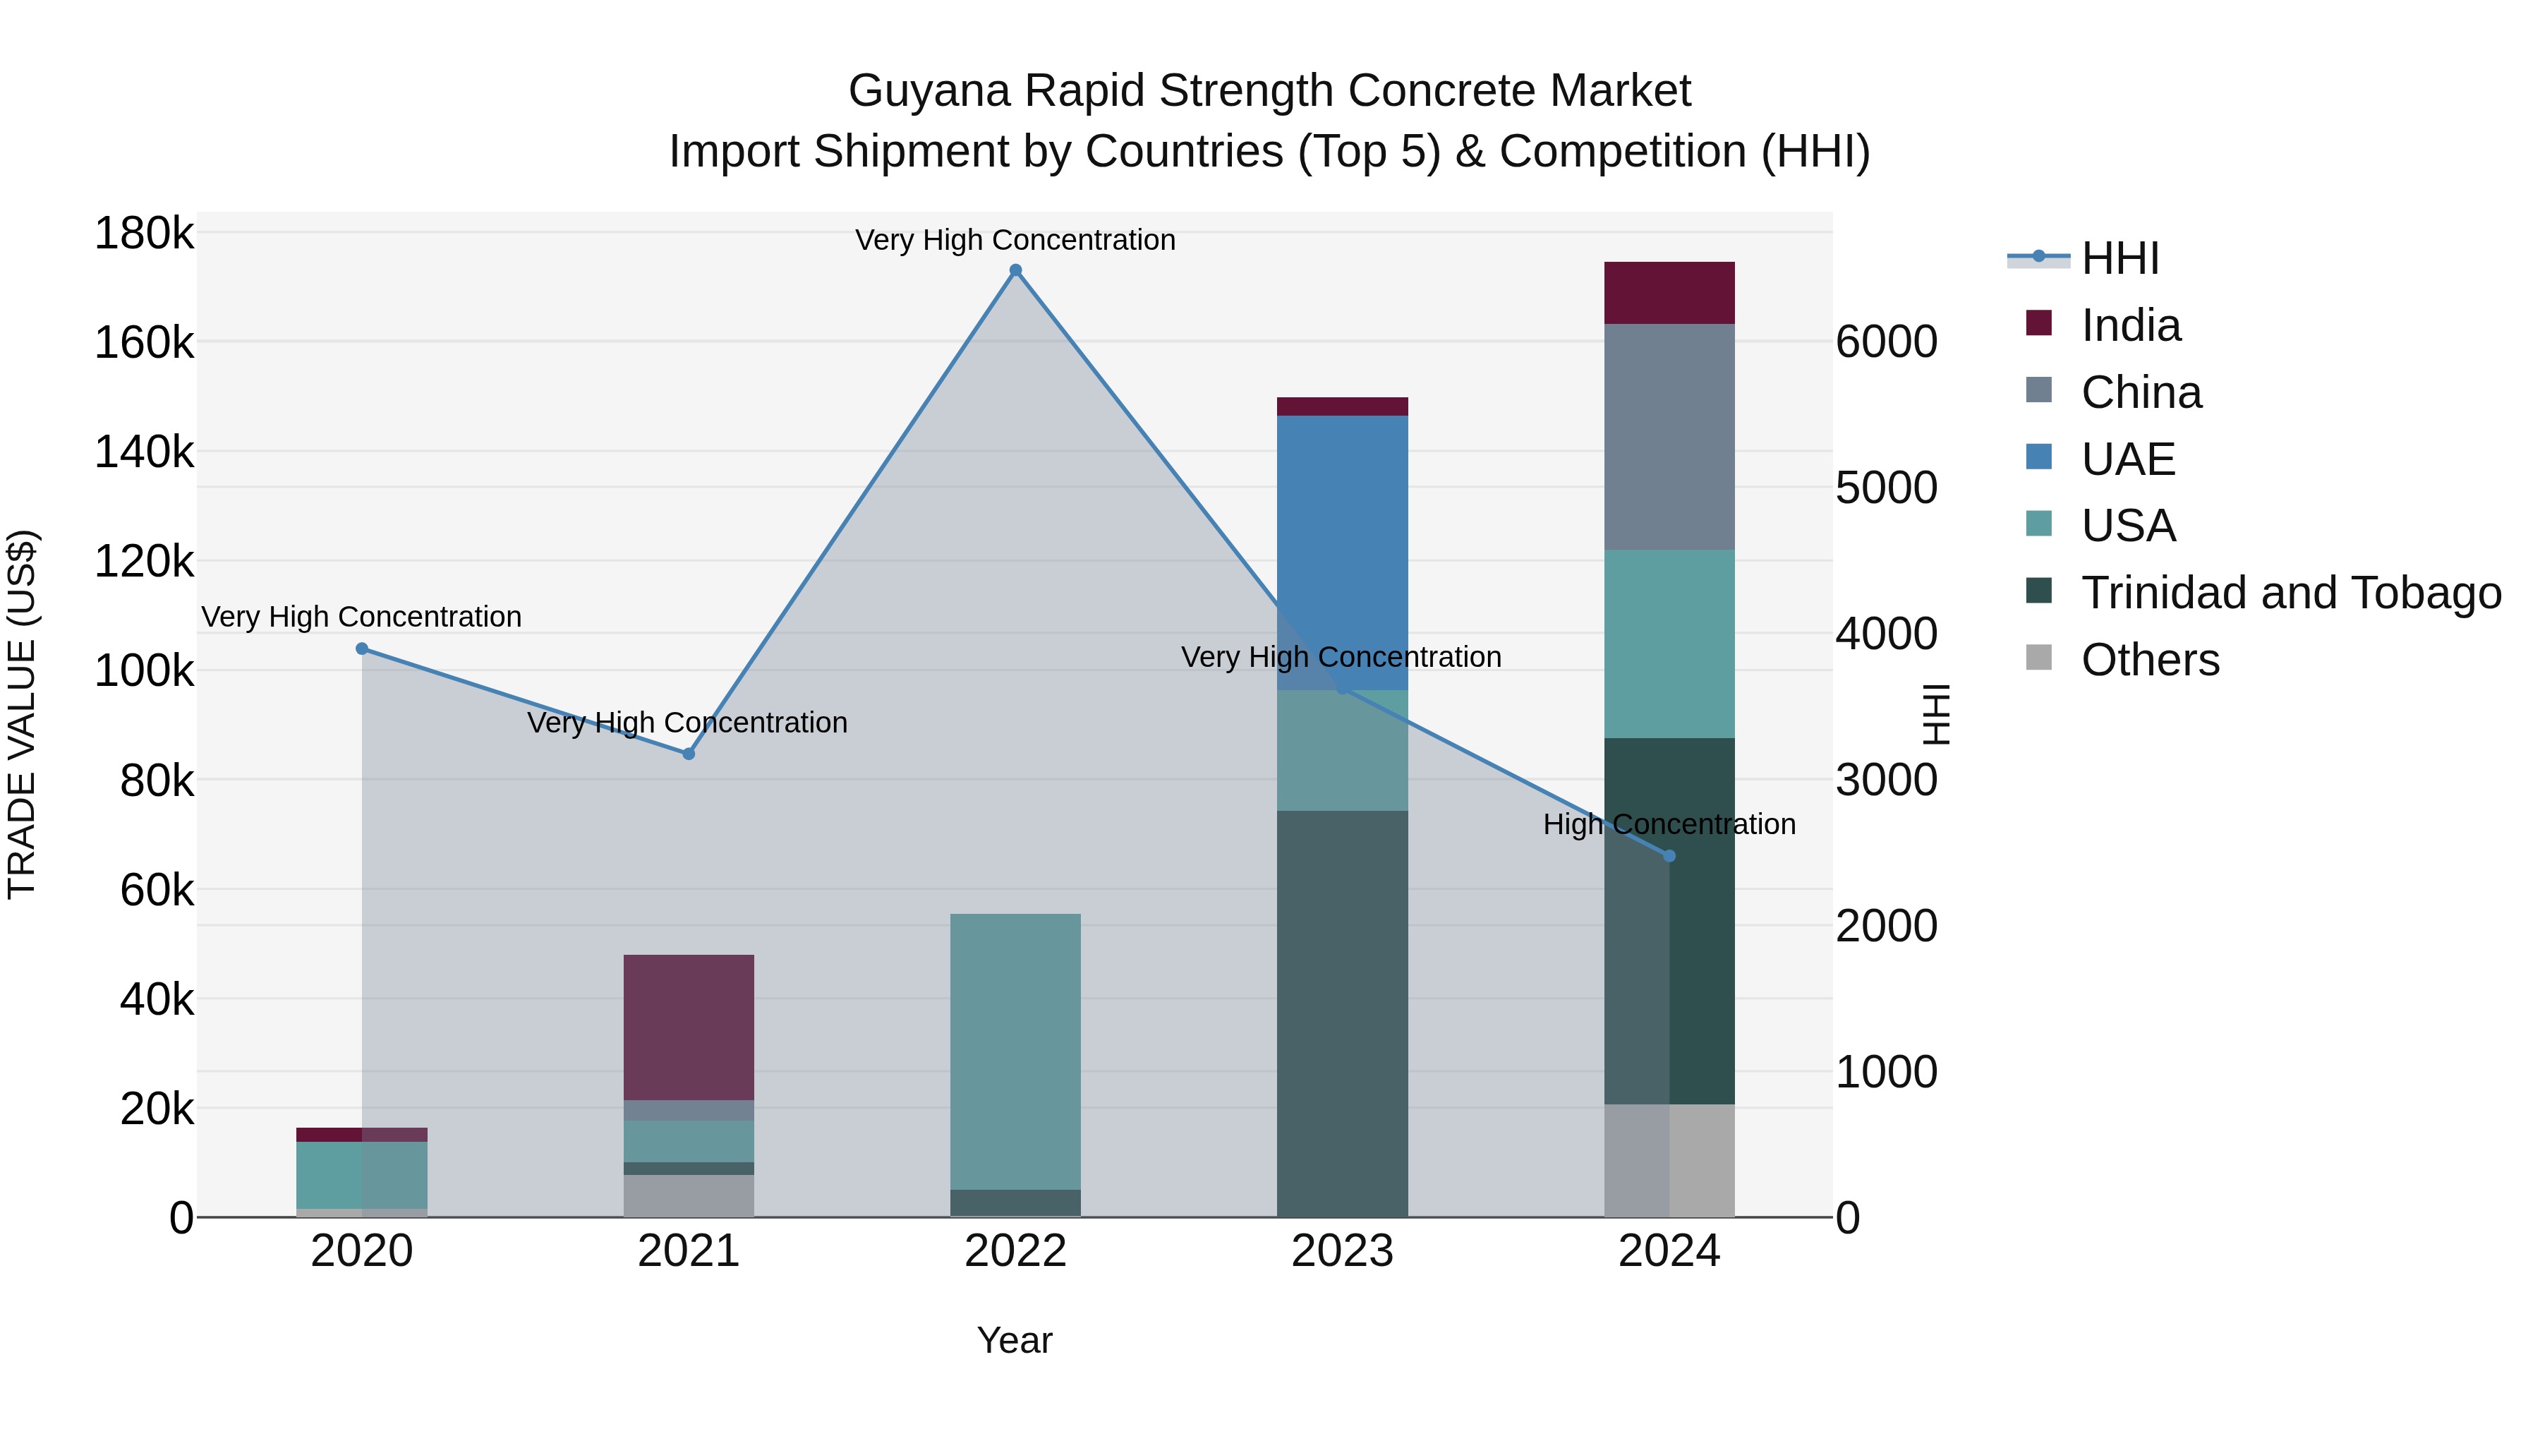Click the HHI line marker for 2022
click(x=1015, y=270)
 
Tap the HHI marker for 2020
click(x=362, y=649)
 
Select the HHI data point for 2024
click(x=1669, y=856)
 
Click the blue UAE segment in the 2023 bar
click(x=1342, y=553)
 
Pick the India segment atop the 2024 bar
click(x=1669, y=293)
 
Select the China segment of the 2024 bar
click(x=1669, y=436)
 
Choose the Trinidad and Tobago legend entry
click(x=2290, y=593)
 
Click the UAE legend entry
click(x=2128, y=459)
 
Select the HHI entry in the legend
click(x=2120, y=258)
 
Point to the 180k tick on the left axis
click(x=144, y=235)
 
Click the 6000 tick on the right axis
click(x=1886, y=342)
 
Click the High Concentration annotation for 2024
click(x=1669, y=824)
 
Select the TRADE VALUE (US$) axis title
click(x=22, y=714)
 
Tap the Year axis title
click(x=1015, y=1340)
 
